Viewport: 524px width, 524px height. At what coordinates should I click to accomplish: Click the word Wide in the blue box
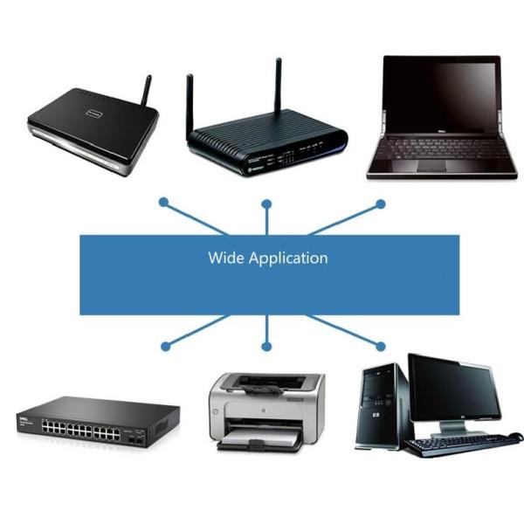[x=226, y=258]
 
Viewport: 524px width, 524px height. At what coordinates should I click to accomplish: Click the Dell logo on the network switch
[x=27, y=420]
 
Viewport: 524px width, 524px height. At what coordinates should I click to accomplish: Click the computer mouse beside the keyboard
[x=515, y=438]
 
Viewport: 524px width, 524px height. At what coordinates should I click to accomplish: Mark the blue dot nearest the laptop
[x=380, y=203]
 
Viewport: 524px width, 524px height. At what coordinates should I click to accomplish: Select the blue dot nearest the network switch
[x=163, y=347]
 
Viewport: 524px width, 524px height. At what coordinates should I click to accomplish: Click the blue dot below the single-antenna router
[x=163, y=202]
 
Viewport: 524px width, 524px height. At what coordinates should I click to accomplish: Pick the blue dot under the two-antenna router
[x=267, y=204]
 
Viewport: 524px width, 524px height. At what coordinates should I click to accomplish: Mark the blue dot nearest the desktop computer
[x=380, y=347]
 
